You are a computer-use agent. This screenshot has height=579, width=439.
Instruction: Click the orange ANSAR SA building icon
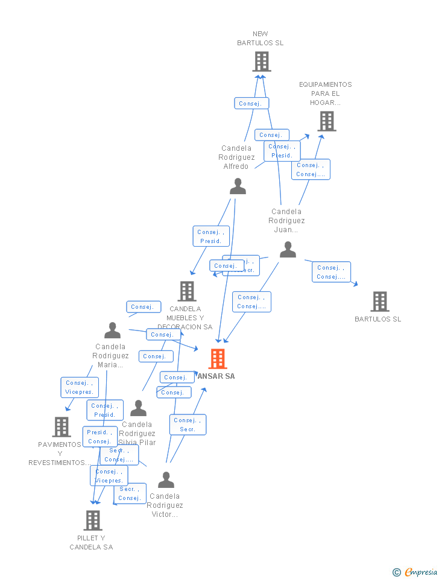click(x=218, y=359)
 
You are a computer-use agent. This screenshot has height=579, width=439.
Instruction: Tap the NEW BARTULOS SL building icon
click(x=261, y=62)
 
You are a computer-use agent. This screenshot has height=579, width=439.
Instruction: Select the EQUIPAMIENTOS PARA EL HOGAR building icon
click(x=326, y=121)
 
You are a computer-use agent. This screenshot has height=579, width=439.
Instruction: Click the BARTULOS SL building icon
click(x=379, y=301)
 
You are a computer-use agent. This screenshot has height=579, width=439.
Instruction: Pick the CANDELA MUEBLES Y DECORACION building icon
click(x=187, y=291)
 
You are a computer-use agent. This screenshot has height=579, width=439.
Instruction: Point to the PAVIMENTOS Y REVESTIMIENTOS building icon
click(x=62, y=426)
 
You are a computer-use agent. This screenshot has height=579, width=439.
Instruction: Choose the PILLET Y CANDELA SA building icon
click(x=92, y=520)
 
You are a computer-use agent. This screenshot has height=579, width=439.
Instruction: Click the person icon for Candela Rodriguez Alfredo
click(x=238, y=186)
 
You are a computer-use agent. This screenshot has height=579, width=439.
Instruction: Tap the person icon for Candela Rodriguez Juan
click(x=288, y=250)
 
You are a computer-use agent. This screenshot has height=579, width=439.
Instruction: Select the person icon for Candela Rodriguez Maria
click(x=112, y=331)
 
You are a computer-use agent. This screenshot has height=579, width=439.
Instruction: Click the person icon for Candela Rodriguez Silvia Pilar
click(x=138, y=408)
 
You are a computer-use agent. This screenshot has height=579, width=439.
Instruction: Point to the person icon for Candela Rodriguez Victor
click(x=166, y=480)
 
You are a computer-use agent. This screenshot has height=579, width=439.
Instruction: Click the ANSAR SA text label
click(x=216, y=376)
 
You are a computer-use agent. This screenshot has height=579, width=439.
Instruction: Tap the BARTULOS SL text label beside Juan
click(x=377, y=319)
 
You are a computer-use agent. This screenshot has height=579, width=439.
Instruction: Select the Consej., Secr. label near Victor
click(x=188, y=425)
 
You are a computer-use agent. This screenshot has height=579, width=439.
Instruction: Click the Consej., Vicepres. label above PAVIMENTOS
click(x=80, y=387)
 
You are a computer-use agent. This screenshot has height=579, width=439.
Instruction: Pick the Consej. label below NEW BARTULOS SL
click(x=251, y=104)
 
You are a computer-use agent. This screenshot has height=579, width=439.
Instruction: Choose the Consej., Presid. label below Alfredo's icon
click(x=211, y=236)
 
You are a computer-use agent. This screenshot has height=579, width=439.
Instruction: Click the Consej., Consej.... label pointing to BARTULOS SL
click(x=331, y=272)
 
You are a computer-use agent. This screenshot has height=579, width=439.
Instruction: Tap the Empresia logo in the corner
click(x=415, y=572)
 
